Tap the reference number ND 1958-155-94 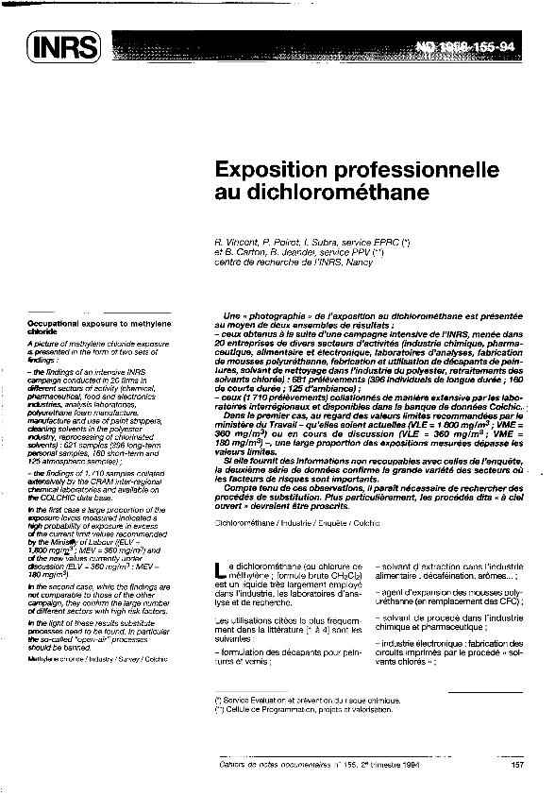coord(480,44)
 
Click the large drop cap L coord(222,567)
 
